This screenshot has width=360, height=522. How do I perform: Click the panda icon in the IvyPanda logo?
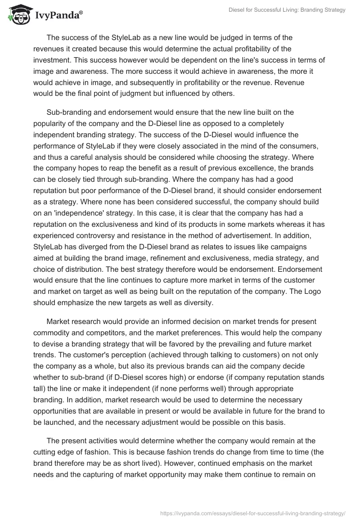click(x=17, y=15)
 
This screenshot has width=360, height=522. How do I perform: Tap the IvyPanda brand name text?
click(x=59, y=16)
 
